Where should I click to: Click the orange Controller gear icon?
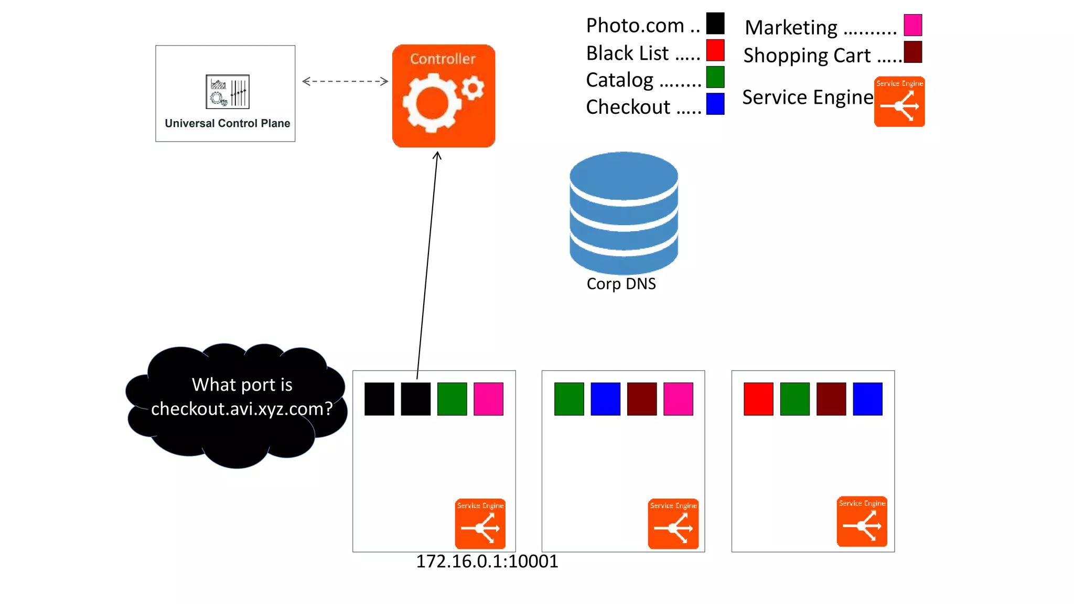pyautogui.click(x=443, y=96)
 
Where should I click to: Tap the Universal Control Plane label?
pyautogui.click(x=227, y=123)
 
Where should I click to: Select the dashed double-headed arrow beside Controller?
pyautogui.click(x=345, y=81)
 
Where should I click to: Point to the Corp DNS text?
pyautogui.click(x=621, y=284)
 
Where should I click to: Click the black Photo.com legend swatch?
pyautogui.click(x=715, y=24)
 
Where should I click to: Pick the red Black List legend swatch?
pyautogui.click(x=715, y=51)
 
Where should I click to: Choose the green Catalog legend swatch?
pyautogui.click(x=715, y=77)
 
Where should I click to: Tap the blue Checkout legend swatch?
pyautogui.click(x=715, y=104)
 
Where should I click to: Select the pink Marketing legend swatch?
pyautogui.click(x=912, y=25)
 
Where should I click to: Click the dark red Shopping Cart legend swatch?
pyautogui.click(x=912, y=52)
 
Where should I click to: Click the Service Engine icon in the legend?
pyautogui.click(x=899, y=102)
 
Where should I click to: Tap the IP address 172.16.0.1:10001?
pyautogui.click(x=487, y=562)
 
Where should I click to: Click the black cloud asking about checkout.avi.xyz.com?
pyautogui.click(x=236, y=404)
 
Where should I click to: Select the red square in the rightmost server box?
pyautogui.click(x=758, y=399)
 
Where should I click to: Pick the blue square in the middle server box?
pyautogui.click(x=605, y=399)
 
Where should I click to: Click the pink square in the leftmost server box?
pyautogui.click(x=488, y=399)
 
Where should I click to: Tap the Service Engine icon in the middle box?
pyautogui.click(x=673, y=524)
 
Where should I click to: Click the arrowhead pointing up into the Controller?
pyautogui.click(x=437, y=155)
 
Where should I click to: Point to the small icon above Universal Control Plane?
pyautogui.click(x=227, y=92)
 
